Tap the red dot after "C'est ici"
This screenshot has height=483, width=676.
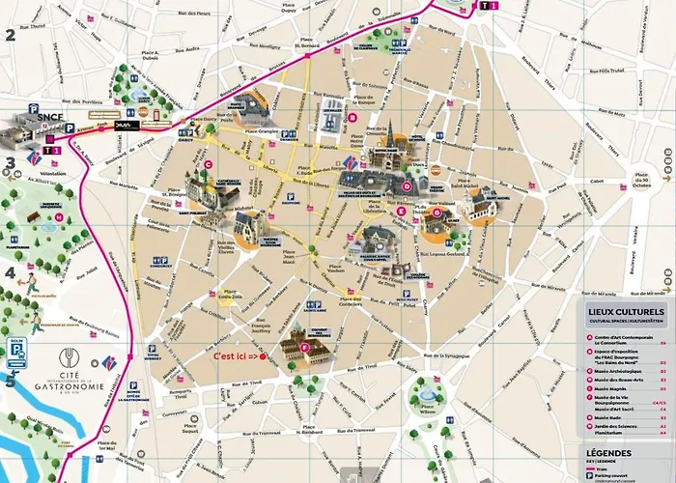click(x=263, y=357)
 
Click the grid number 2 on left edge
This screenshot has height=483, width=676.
click(x=10, y=37)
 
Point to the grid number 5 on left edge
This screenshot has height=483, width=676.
click(x=10, y=380)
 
